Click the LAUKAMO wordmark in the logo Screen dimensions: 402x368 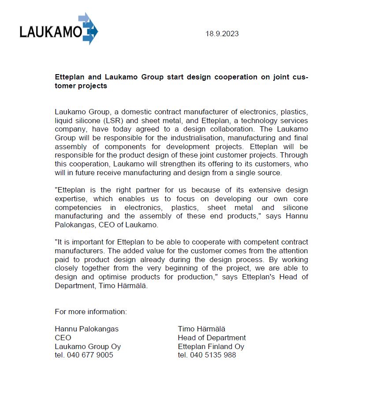click(x=50, y=32)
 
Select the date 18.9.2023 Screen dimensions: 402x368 click(x=222, y=34)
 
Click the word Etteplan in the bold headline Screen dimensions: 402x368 click(x=71, y=77)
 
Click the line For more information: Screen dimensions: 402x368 click(x=91, y=312)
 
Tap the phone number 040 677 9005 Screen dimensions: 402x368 click(x=90, y=355)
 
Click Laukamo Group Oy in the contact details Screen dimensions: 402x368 click(x=88, y=346)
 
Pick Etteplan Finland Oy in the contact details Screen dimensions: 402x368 click(x=211, y=346)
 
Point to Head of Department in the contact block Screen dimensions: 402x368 click(x=212, y=338)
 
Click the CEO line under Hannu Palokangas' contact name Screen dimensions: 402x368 click(x=63, y=338)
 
